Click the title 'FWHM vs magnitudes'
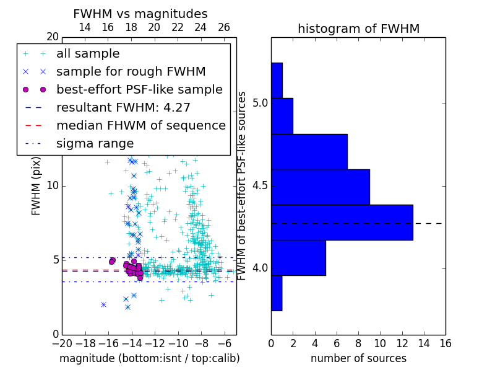(x=140, y=14)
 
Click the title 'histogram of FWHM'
(x=358, y=29)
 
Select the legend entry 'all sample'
(x=88, y=54)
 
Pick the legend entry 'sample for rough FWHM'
(x=131, y=71)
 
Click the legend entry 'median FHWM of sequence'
(x=140, y=125)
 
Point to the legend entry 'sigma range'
(x=95, y=143)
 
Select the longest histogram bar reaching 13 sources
(x=342, y=222)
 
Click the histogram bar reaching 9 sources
(x=320, y=187)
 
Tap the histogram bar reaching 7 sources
(x=309, y=151)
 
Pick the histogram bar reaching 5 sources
(x=298, y=257)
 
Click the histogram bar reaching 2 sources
(x=282, y=116)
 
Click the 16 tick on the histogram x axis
(x=445, y=343)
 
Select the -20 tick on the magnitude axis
(x=62, y=343)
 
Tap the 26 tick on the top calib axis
(x=224, y=27)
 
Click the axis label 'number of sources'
(x=358, y=358)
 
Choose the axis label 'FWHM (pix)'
(x=37, y=185)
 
